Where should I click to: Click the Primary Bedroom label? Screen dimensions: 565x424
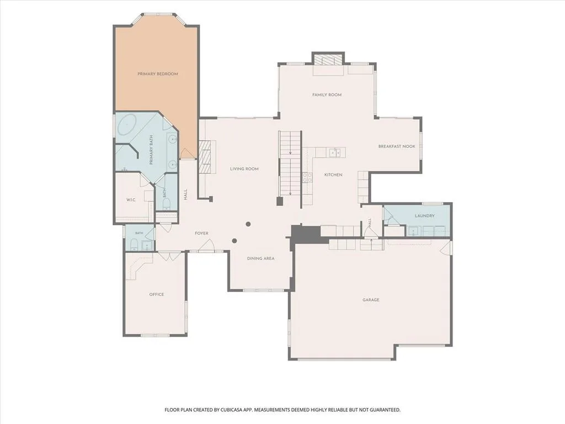(x=158, y=74)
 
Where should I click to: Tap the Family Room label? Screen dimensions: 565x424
(x=327, y=95)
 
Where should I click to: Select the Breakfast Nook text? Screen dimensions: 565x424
(x=397, y=146)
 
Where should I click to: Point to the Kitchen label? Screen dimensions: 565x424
(x=333, y=175)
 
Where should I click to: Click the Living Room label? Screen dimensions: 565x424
(x=244, y=169)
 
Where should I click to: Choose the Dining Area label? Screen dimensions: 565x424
(x=260, y=258)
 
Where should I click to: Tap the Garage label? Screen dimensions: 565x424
(x=371, y=300)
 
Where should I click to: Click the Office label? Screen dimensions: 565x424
(x=157, y=295)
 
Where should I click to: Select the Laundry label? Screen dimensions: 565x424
(x=424, y=216)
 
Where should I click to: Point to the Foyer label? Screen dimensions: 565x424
(x=201, y=234)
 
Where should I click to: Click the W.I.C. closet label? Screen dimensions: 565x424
(x=131, y=200)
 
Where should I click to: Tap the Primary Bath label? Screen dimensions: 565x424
(x=151, y=150)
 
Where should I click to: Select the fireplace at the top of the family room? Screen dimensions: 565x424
(x=328, y=60)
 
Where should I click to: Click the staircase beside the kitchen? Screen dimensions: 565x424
(x=290, y=163)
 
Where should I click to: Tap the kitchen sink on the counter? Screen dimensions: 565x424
(x=335, y=153)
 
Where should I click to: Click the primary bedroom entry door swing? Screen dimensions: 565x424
(x=186, y=153)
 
